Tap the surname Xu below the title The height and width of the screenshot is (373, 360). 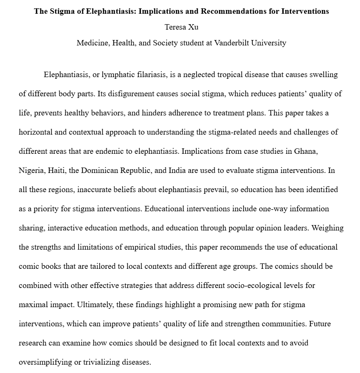[193, 27]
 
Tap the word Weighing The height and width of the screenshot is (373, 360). [327, 228]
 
